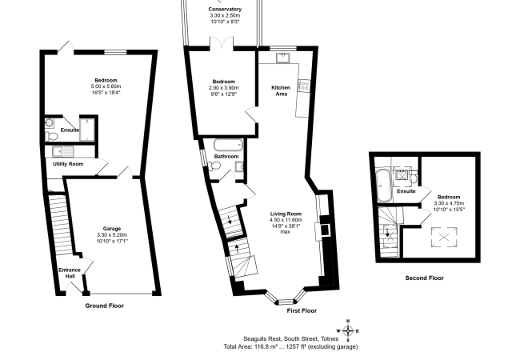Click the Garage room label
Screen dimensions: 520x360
click(x=112, y=228)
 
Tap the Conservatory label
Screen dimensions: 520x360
click(x=225, y=10)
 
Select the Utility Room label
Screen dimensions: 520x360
click(x=68, y=164)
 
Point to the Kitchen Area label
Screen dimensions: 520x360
click(x=281, y=90)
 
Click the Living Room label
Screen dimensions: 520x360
click(x=286, y=214)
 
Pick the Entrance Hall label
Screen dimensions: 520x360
click(x=70, y=273)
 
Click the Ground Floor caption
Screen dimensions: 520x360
click(x=105, y=306)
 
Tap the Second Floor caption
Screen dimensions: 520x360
click(x=425, y=278)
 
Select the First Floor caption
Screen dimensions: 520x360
click(x=302, y=310)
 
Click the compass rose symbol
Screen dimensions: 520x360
click(x=348, y=330)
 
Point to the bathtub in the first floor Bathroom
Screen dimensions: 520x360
click(x=229, y=145)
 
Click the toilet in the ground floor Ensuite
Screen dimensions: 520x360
click(x=51, y=135)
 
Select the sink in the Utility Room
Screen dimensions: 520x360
click(x=63, y=151)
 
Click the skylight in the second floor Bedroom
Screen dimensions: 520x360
click(x=444, y=237)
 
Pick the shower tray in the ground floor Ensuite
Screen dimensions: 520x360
click(x=87, y=130)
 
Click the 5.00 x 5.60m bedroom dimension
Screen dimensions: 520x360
click(x=106, y=86)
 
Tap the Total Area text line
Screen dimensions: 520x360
click(x=290, y=346)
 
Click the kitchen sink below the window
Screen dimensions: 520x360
click(x=283, y=58)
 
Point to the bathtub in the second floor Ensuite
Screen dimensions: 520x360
click(x=384, y=186)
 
